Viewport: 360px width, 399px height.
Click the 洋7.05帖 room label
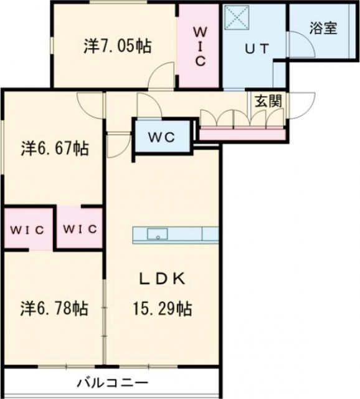(118, 46)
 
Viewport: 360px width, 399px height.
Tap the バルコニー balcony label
(113, 382)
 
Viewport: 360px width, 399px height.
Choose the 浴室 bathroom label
(323, 28)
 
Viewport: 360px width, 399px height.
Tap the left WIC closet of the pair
(27, 229)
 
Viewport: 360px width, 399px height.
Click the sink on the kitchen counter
(158, 234)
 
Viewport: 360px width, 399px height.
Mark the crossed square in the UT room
(237, 18)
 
